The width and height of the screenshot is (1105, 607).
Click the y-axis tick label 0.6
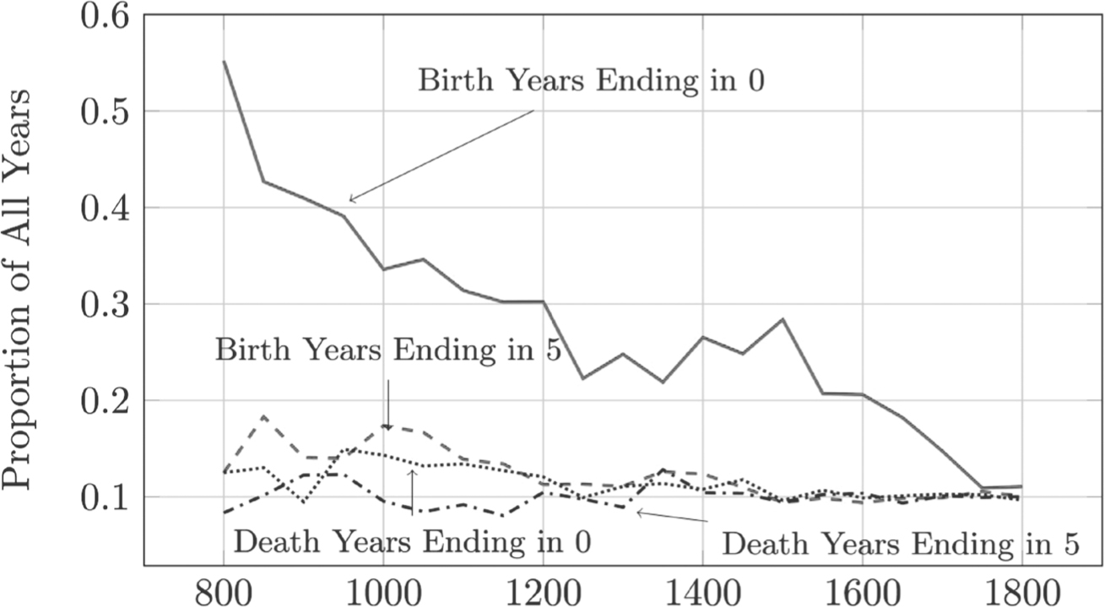click(x=105, y=17)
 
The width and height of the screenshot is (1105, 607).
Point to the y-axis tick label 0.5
click(x=105, y=112)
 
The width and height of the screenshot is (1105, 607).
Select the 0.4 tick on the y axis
click(x=105, y=209)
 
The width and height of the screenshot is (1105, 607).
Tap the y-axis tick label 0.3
click(x=105, y=305)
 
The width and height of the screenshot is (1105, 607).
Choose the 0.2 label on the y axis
click(x=105, y=401)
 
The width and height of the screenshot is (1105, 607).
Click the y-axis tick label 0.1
click(x=105, y=497)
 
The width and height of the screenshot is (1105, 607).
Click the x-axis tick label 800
click(x=224, y=589)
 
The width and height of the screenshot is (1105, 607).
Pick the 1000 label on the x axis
click(x=383, y=589)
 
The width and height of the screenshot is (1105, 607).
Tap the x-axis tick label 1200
click(x=543, y=589)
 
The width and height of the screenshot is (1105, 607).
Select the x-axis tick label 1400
click(x=702, y=589)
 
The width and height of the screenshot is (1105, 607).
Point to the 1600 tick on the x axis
click(x=862, y=589)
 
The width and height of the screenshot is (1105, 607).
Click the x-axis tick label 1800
click(x=1021, y=589)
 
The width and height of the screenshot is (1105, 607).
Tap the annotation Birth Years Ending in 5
click(x=387, y=350)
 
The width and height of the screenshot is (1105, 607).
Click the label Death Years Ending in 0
click(x=411, y=540)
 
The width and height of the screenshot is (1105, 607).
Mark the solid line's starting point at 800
click(x=224, y=62)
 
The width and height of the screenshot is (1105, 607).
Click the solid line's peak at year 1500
click(x=783, y=319)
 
